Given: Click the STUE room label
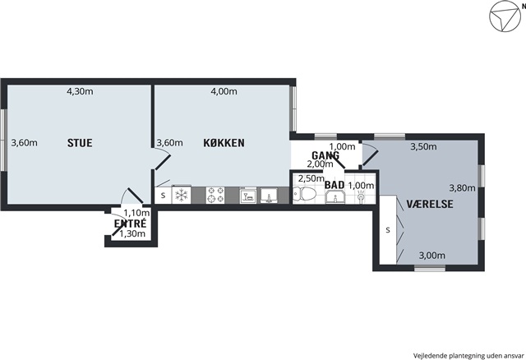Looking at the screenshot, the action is (80, 143).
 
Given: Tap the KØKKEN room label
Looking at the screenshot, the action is (224, 143).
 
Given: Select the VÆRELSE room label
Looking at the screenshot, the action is (430, 204).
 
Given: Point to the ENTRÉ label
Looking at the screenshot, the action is (130, 224).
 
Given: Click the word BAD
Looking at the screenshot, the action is (335, 185).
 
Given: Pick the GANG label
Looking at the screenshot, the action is (325, 155).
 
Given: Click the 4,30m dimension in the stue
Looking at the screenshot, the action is (80, 91).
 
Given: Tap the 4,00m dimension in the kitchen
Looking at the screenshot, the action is (224, 91).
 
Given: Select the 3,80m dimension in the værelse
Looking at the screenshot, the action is (462, 188).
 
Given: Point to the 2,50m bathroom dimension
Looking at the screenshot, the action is (311, 178).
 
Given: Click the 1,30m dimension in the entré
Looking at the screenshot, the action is (132, 234).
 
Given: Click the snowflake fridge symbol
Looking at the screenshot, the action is (182, 195).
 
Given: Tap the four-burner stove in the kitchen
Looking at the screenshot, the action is (215, 195).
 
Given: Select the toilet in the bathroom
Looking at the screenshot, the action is (304, 194).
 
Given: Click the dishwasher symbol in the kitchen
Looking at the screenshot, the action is (248, 195).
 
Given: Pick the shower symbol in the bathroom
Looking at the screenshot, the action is (361, 197).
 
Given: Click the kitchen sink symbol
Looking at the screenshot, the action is (269, 196).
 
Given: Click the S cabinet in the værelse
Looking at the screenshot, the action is (388, 230).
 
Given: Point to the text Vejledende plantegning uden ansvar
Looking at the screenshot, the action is (468, 355).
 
